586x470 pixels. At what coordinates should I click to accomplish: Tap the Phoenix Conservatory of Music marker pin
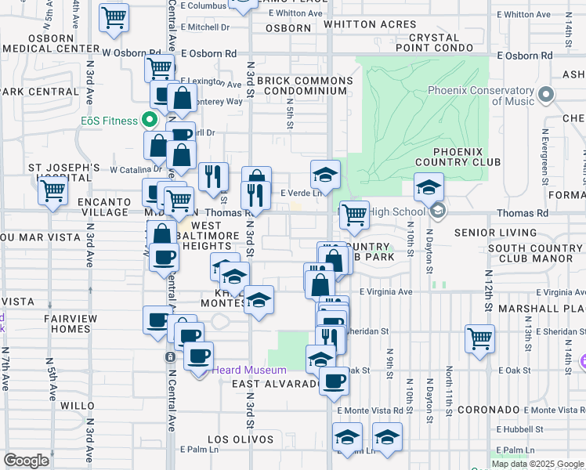(x=547, y=96)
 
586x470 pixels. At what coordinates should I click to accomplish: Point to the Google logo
(x=26, y=461)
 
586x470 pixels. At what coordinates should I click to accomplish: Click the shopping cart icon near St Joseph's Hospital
(x=53, y=190)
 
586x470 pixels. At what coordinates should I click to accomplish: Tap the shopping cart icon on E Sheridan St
(x=479, y=338)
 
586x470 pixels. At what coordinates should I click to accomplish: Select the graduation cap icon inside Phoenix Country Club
(x=429, y=187)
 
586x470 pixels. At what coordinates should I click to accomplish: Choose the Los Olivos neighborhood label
(x=241, y=439)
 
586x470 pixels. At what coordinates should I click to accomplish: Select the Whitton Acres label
(x=370, y=24)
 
